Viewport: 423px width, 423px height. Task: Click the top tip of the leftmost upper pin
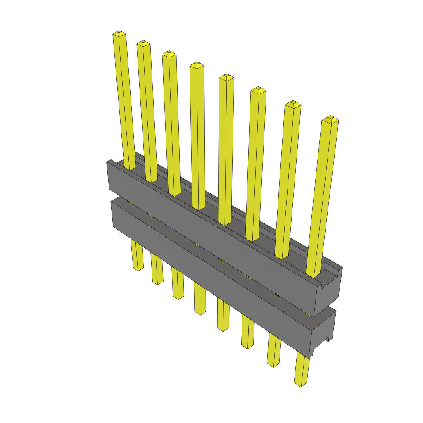(x=119, y=33)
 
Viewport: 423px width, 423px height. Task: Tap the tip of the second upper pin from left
(x=143, y=43)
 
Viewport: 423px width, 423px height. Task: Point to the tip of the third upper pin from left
(x=169, y=54)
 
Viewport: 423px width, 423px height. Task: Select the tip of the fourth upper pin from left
(x=197, y=64)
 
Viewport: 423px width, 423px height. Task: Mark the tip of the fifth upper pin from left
(x=226, y=77)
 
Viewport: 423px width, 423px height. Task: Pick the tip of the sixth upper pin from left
(x=258, y=90)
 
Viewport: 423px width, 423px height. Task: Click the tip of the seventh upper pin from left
(x=293, y=104)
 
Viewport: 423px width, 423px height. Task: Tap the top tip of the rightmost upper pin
(x=330, y=119)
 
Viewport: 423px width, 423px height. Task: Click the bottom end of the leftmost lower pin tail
(x=138, y=268)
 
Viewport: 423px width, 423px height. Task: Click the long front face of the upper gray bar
(x=207, y=231)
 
